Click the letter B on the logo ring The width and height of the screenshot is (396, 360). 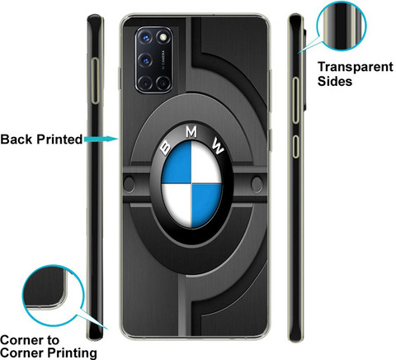pos(166,148)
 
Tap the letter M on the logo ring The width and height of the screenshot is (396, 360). pos(191,132)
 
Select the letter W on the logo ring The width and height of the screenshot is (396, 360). pos(218,147)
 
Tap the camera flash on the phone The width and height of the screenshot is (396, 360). pos(163,37)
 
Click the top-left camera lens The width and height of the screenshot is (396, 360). pos(145,37)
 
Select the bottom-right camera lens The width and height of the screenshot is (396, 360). pos(163,83)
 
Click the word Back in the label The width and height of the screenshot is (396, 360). pos(16,140)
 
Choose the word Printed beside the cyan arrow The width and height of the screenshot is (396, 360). pos(59,140)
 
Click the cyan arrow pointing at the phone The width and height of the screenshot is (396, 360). pos(101,139)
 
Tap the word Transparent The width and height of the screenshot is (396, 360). pos(356,67)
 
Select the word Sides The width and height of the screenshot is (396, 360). pos(335,81)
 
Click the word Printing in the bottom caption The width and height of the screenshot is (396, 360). pos(72,353)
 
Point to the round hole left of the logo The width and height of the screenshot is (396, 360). pos(129,184)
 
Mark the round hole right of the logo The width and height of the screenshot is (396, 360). pos(257,184)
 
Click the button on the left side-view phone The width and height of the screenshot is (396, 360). pos(95,80)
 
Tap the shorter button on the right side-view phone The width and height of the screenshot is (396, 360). pos(295,146)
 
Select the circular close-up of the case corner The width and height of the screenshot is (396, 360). pos(53,296)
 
